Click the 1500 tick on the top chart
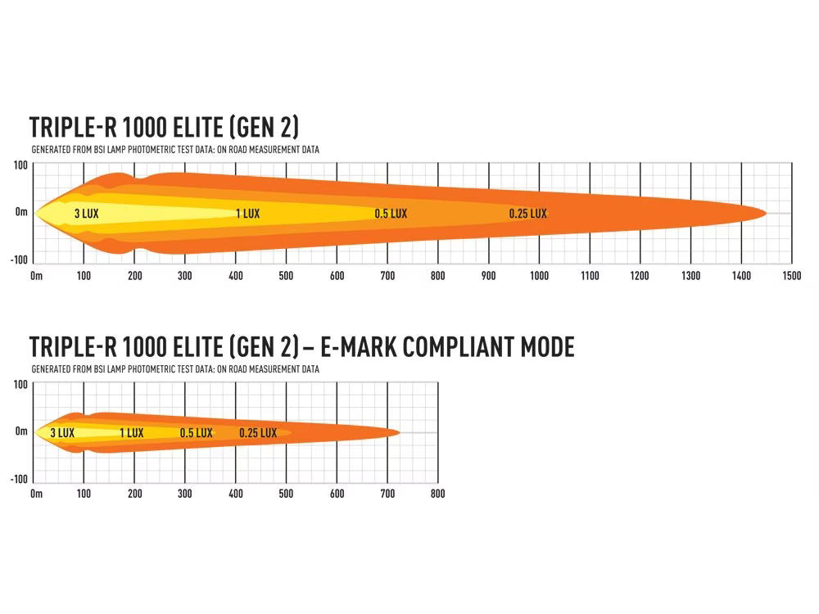[791, 276]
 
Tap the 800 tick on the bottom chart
[437, 494]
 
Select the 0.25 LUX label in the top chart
[527, 214]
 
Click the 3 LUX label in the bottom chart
[62, 433]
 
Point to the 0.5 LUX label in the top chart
[391, 214]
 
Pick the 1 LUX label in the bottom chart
[131, 433]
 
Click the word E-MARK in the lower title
[355, 346]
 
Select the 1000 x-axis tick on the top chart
[539, 276]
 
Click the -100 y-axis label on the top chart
[19, 260]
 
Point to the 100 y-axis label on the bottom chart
[20, 385]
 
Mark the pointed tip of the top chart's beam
[766, 213]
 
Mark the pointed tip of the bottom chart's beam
[400, 432]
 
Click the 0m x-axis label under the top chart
[36, 276]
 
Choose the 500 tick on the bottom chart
[286, 494]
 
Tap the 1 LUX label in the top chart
[247, 214]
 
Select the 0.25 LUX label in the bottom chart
[258, 433]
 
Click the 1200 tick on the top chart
[640, 276]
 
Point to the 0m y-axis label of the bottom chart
[21, 431]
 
